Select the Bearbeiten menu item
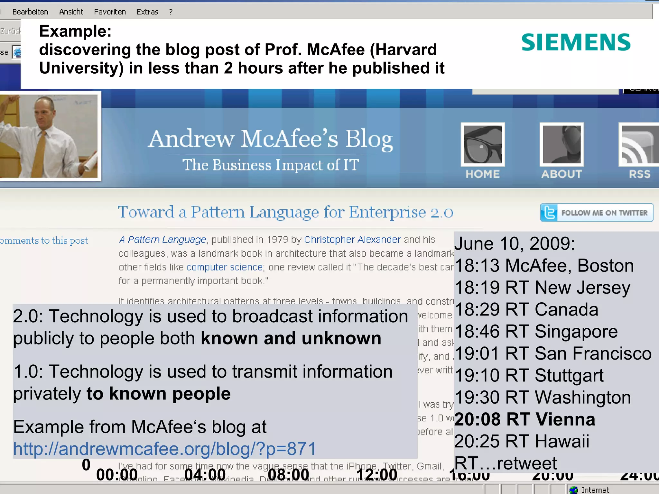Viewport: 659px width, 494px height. click(30, 12)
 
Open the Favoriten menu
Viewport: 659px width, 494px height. click(110, 12)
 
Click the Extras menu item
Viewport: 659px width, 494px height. click(147, 12)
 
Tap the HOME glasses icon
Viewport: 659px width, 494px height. click(482, 144)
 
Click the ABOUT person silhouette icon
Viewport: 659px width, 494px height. click(562, 144)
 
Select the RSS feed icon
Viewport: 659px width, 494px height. click(639, 144)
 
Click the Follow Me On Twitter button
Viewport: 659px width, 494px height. click(597, 213)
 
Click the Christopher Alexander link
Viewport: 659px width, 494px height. click(352, 240)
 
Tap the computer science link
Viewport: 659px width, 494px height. click(225, 267)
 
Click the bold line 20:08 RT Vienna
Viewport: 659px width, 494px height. click(524, 419)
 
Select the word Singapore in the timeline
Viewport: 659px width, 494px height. click(576, 332)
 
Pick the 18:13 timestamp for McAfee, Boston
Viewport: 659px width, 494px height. click(477, 266)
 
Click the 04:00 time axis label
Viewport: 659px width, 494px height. click(205, 475)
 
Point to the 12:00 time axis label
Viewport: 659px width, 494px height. click(376, 475)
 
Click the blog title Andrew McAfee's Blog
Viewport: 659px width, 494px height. click(270, 139)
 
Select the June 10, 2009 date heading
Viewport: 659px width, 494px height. click(514, 243)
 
